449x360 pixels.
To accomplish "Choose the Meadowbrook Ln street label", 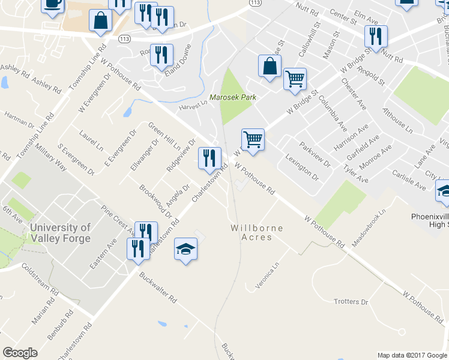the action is pyautogui.click(x=368, y=226).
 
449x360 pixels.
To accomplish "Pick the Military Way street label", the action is pyautogui.click(x=52, y=155).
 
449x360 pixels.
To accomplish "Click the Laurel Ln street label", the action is pyautogui.click(x=91, y=140).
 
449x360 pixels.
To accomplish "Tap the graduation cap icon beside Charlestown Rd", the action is pyautogui.click(x=185, y=250).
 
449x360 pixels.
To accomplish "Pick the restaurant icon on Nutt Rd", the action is pyautogui.click(x=376, y=37).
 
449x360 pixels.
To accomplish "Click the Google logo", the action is pyautogui.click(x=20, y=353).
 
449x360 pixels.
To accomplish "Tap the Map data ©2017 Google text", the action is pyautogui.click(x=412, y=355).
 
